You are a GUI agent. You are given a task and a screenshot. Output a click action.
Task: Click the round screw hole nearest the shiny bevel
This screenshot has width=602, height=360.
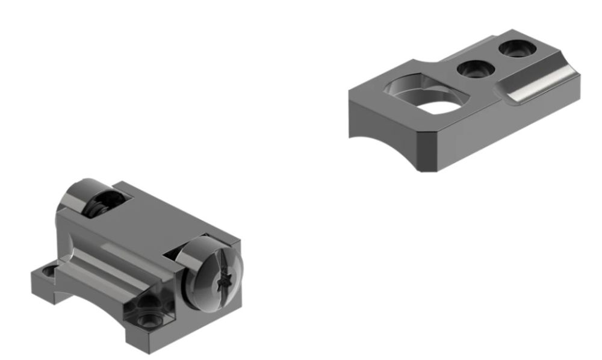(517, 48)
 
